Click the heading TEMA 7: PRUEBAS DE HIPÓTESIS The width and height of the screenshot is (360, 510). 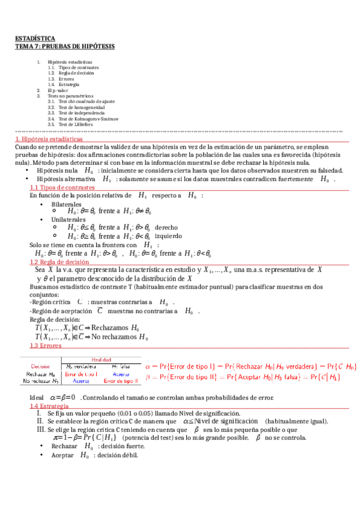pos(65,46)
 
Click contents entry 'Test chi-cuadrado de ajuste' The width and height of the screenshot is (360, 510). pos(81,102)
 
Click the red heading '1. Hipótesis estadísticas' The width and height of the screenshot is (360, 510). pos(49,139)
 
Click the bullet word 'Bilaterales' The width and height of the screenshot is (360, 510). pos(66,204)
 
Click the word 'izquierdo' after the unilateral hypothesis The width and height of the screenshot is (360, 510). pos(168,236)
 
